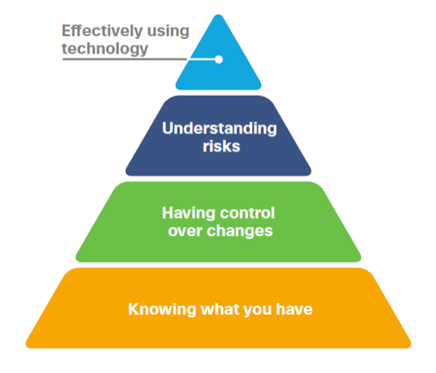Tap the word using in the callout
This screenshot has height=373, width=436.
coord(168,32)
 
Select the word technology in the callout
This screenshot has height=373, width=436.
coord(105,49)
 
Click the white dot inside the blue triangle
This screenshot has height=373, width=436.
coord(219,59)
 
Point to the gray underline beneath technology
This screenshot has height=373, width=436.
coord(125,59)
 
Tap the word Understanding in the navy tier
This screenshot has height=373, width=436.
coord(220,128)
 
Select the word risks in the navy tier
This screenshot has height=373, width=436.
coord(221,146)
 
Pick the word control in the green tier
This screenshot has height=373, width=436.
coord(247,213)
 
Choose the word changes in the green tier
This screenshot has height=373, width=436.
coord(240,232)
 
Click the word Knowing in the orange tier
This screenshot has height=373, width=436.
coord(162,310)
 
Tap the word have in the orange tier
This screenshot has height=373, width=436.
coord(294,309)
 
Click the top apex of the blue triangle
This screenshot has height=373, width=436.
coord(218,15)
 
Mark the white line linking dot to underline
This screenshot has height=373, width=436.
coord(201,59)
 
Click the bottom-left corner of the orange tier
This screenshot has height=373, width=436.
coord(27,347)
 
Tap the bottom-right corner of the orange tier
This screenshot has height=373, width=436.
coord(410,347)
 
